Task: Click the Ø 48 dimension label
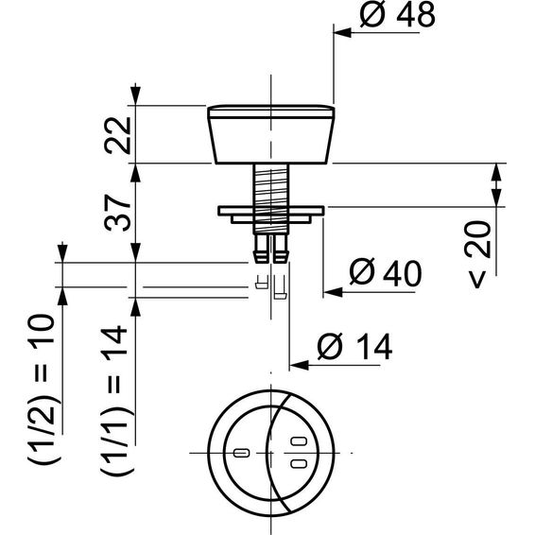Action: coord(398,15)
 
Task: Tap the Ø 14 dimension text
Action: coord(354,347)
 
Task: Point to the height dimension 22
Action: coord(118,135)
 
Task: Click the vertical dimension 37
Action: coord(118,213)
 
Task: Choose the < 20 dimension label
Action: coord(478,254)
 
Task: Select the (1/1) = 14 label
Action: coord(115,401)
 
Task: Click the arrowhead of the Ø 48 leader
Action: coord(342,33)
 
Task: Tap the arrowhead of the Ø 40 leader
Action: coord(333,292)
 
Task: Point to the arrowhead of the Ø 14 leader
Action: coord(299,366)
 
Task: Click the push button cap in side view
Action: coord(271,134)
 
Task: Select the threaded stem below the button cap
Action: coord(271,198)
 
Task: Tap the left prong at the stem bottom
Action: coord(262,249)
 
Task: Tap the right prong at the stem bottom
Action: coord(281,249)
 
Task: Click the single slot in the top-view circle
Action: coord(242,453)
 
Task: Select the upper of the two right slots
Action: coord(299,441)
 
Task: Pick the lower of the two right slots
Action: coord(299,463)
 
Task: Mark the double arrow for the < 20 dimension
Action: coord(496,185)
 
